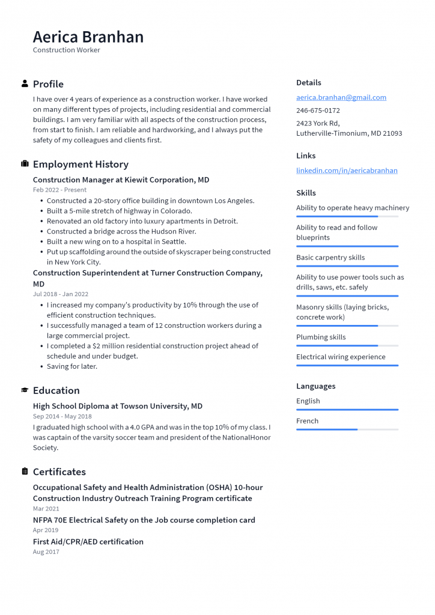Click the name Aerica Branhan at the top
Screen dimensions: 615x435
point(88,37)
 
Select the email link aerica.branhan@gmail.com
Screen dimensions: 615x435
point(341,97)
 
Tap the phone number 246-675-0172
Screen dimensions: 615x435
point(318,111)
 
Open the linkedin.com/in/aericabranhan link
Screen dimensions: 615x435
point(347,171)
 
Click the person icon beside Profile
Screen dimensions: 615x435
point(25,83)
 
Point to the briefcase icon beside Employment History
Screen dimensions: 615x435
point(25,164)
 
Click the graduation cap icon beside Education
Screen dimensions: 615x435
point(25,390)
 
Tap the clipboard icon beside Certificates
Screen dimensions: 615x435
point(25,471)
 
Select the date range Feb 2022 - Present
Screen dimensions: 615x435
point(59,190)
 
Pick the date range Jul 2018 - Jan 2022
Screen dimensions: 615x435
point(60,294)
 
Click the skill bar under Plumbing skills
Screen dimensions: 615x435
point(347,346)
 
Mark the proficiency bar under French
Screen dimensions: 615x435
point(347,429)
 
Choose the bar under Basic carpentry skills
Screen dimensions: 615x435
point(347,266)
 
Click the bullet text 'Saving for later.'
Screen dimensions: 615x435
point(71,366)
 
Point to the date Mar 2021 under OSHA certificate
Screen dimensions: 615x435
point(46,509)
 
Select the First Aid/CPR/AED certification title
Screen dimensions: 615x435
point(88,542)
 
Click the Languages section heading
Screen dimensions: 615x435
point(315,386)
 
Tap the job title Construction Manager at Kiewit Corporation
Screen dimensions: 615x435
point(121,180)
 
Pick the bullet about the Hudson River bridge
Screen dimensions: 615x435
point(121,231)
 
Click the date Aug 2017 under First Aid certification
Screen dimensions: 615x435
point(46,552)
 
